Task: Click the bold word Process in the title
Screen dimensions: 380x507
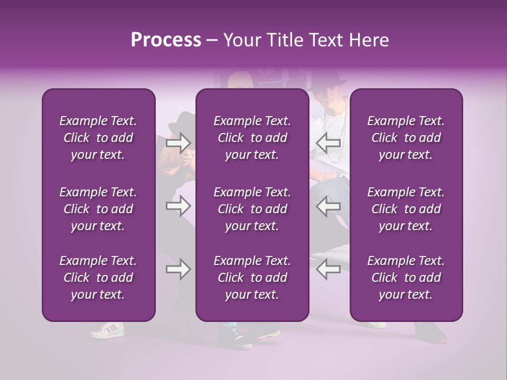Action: tap(166, 40)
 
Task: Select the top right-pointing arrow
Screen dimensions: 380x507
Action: tap(178, 142)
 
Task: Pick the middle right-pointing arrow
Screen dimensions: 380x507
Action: tap(178, 206)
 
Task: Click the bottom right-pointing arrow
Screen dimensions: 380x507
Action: tap(178, 269)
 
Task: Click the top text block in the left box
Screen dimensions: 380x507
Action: tap(98, 138)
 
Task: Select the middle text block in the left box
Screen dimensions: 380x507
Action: tap(98, 209)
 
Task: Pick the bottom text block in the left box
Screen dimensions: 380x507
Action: tap(98, 278)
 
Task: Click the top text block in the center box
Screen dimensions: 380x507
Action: tap(252, 138)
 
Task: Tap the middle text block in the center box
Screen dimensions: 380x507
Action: tap(252, 209)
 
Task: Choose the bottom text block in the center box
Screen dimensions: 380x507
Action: tap(252, 278)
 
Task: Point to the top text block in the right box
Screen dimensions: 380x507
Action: tap(406, 138)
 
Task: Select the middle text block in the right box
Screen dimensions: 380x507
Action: tap(406, 209)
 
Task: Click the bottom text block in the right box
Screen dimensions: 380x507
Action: tap(406, 278)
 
